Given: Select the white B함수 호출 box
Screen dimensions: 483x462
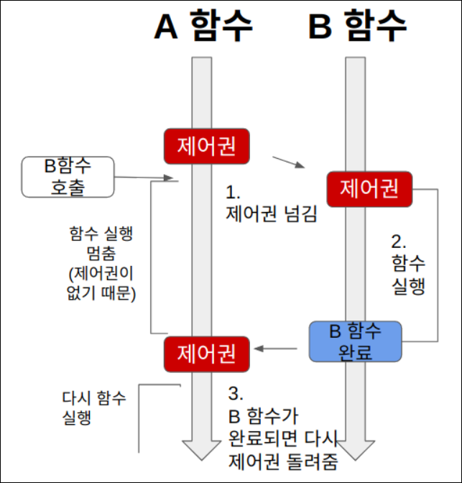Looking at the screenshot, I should pyautogui.click(x=68, y=177).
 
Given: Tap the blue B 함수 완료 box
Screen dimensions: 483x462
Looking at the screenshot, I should pyautogui.click(x=355, y=341).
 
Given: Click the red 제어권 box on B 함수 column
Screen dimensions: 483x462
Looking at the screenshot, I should pyautogui.click(x=369, y=189).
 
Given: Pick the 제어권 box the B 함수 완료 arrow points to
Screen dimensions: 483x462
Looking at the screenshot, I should pyautogui.click(x=208, y=354).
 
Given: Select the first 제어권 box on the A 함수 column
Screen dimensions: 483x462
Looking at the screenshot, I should pyautogui.click(x=208, y=147).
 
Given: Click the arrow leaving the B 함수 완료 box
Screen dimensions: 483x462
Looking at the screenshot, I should pyautogui.click(x=277, y=349).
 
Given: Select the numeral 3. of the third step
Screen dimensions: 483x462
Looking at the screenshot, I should pyautogui.click(x=235, y=394).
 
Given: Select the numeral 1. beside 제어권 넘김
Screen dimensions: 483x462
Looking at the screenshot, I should pyautogui.click(x=232, y=193).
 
